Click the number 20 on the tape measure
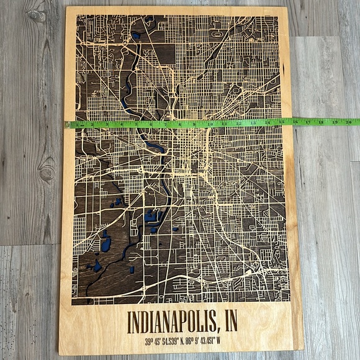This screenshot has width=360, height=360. click(348, 122)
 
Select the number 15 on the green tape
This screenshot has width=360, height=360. click(280, 123)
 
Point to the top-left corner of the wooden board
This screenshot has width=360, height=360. click(67, 7)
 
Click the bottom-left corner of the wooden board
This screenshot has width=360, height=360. click(60, 354)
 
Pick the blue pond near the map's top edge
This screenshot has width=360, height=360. click(136, 36)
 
